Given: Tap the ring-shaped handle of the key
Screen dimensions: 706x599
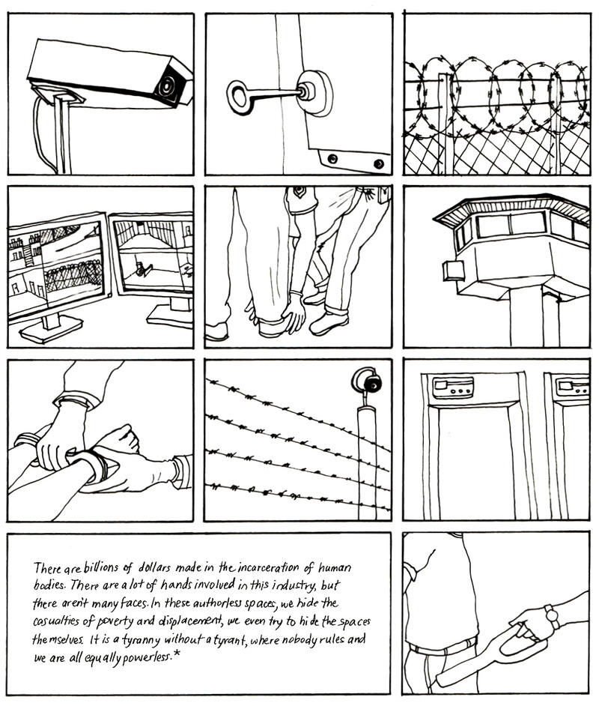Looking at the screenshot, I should pyautogui.click(x=240, y=97).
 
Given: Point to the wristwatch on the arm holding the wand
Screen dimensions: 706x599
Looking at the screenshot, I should pyautogui.click(x=552, y=616).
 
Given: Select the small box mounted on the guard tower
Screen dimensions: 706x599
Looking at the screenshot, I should pyautogui.click(x=453, y=270).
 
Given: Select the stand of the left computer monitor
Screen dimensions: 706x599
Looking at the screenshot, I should pyautogui.click(x=50, y=325).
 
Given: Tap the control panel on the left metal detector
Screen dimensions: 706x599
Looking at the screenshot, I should pyautogui.click(x=453, y=387).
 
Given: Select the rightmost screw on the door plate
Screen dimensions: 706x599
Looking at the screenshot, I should pyautogui.click(x=378, y=163).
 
